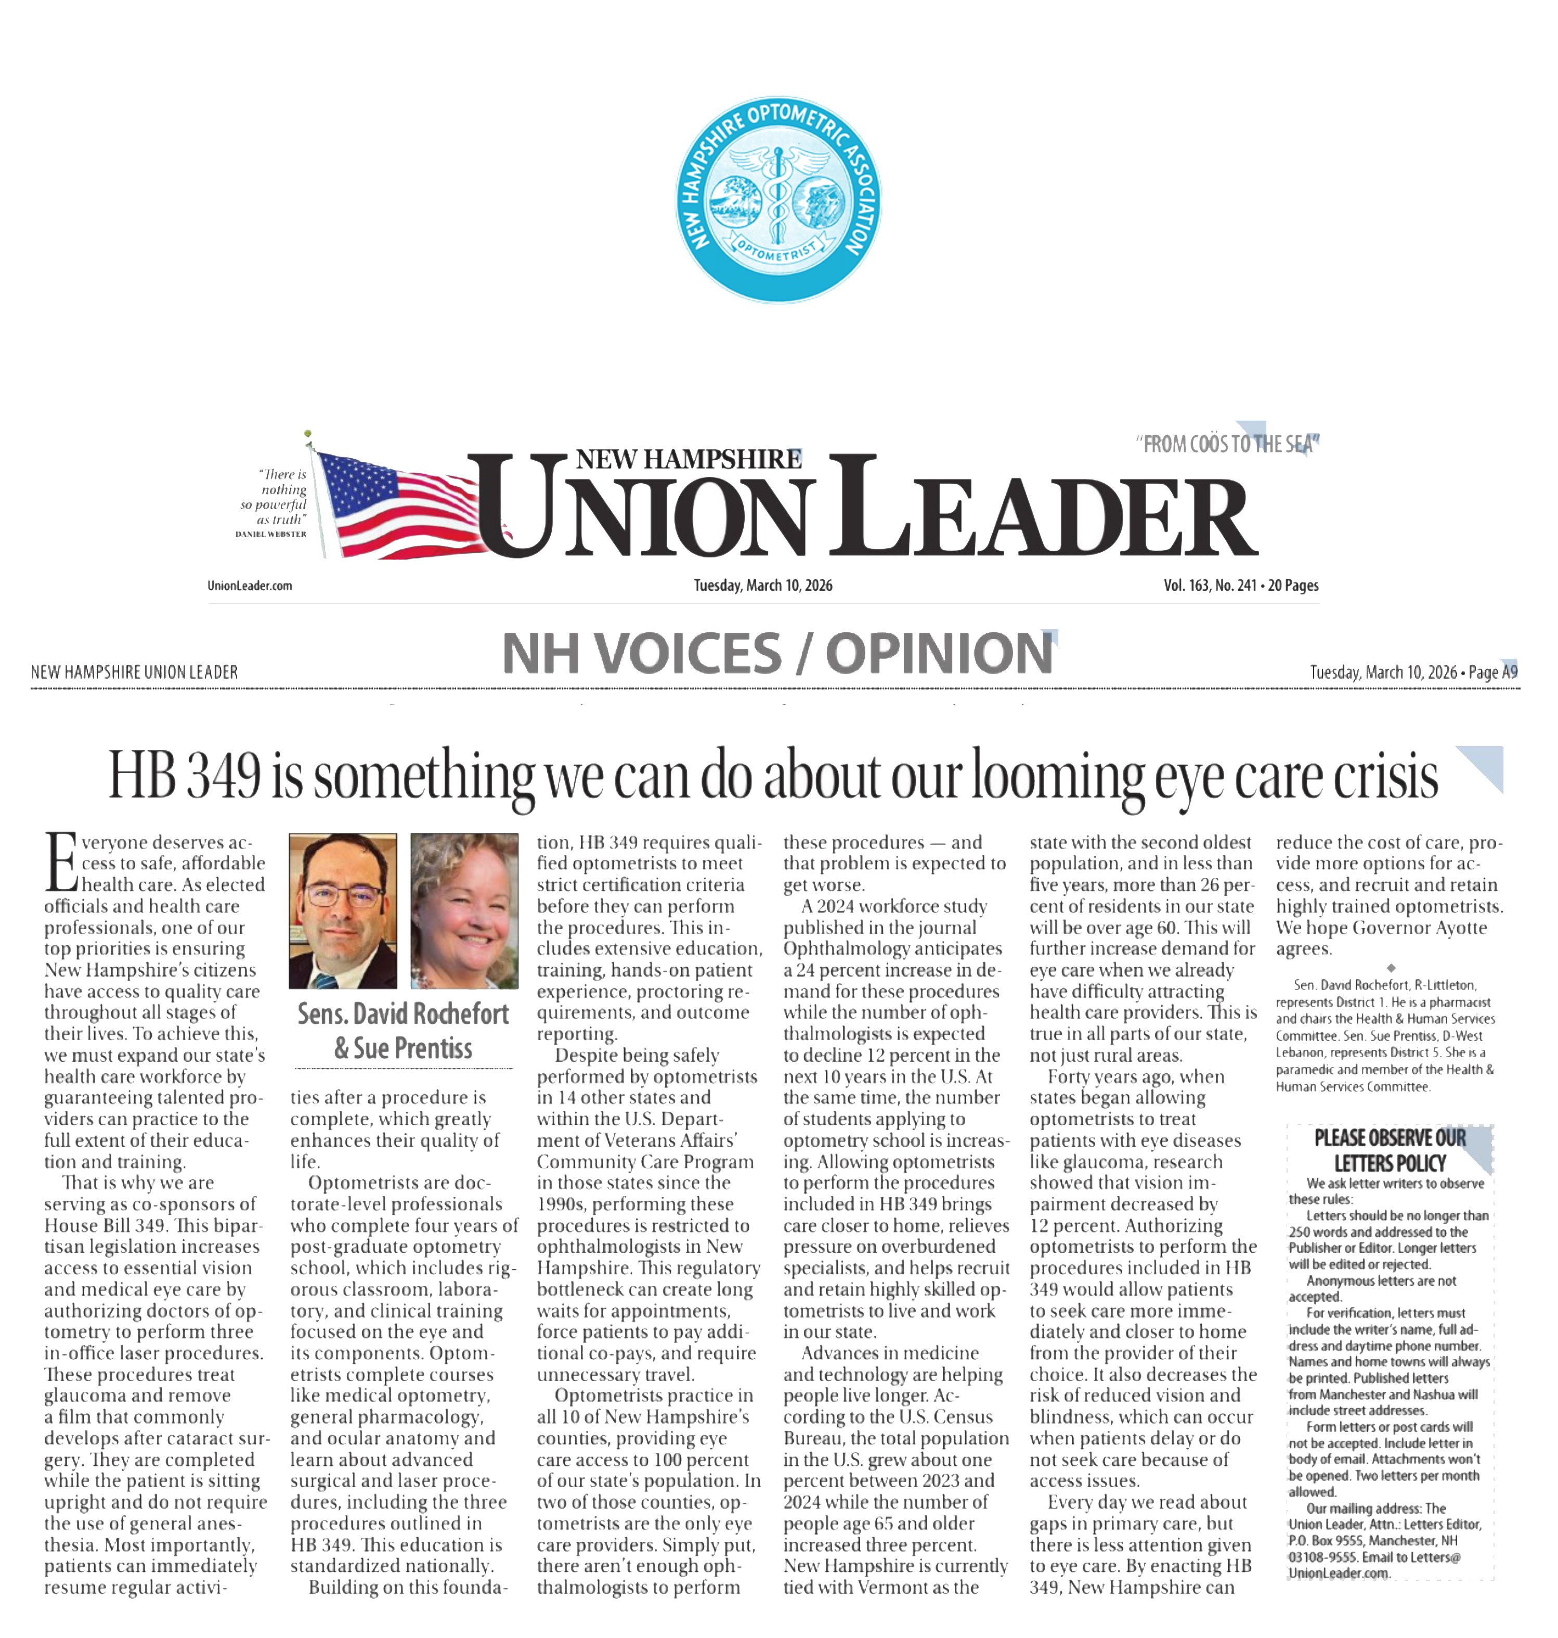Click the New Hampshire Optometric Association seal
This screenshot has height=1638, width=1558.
pos(778,199)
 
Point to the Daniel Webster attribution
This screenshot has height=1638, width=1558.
pos(271,534)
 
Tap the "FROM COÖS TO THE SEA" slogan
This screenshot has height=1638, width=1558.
pos(1227,445)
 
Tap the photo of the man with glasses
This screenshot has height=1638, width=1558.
pos(343,911)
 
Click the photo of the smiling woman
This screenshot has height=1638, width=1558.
pos(464,911)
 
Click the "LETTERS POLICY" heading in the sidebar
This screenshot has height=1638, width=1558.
pos(1390,1163)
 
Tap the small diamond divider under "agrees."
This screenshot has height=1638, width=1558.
pos(1391,968)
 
